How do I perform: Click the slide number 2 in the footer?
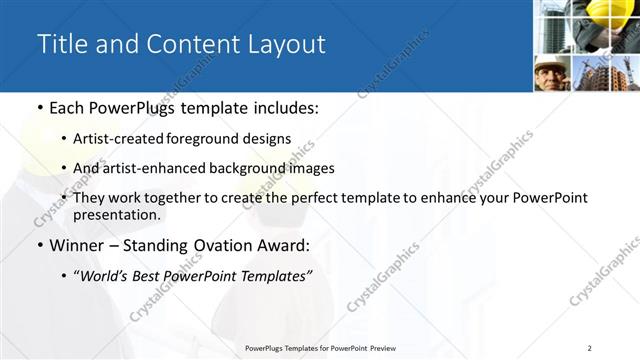(x=590, y=348)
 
